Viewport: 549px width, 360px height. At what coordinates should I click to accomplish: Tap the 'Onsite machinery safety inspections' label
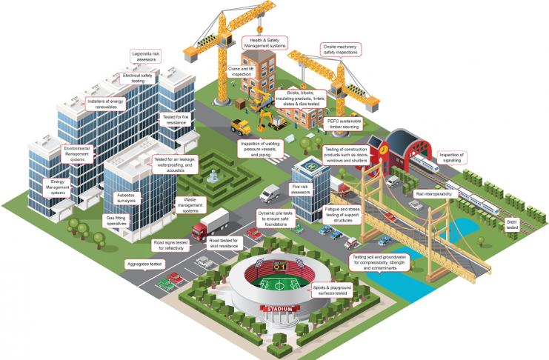point(343,49)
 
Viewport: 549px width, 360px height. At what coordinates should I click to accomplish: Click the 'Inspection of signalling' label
point(451,157)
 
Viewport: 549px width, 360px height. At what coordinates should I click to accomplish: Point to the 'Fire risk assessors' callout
point(300,190)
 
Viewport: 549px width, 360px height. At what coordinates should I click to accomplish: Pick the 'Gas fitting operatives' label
point(122,222)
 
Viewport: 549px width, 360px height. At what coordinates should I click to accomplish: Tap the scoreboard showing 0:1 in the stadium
point(280,267)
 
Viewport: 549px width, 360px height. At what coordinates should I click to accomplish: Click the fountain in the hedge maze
point(213,176)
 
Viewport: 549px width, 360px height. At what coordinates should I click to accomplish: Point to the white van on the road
point(269,193)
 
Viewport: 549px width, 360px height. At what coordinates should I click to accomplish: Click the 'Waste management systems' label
point(190,205)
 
